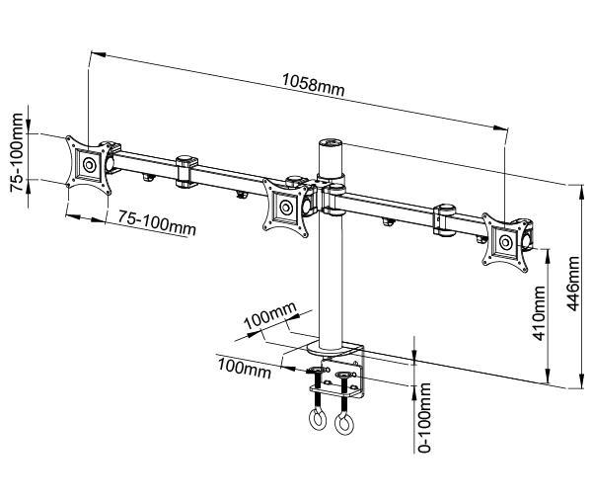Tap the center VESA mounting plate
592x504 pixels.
(287, 207)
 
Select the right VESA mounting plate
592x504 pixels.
(505, 240)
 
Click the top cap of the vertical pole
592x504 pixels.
(330, 144)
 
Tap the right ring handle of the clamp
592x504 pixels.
(343, 426)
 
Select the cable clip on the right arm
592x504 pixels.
(444, 220)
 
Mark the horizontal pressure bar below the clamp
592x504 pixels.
(333, 391)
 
